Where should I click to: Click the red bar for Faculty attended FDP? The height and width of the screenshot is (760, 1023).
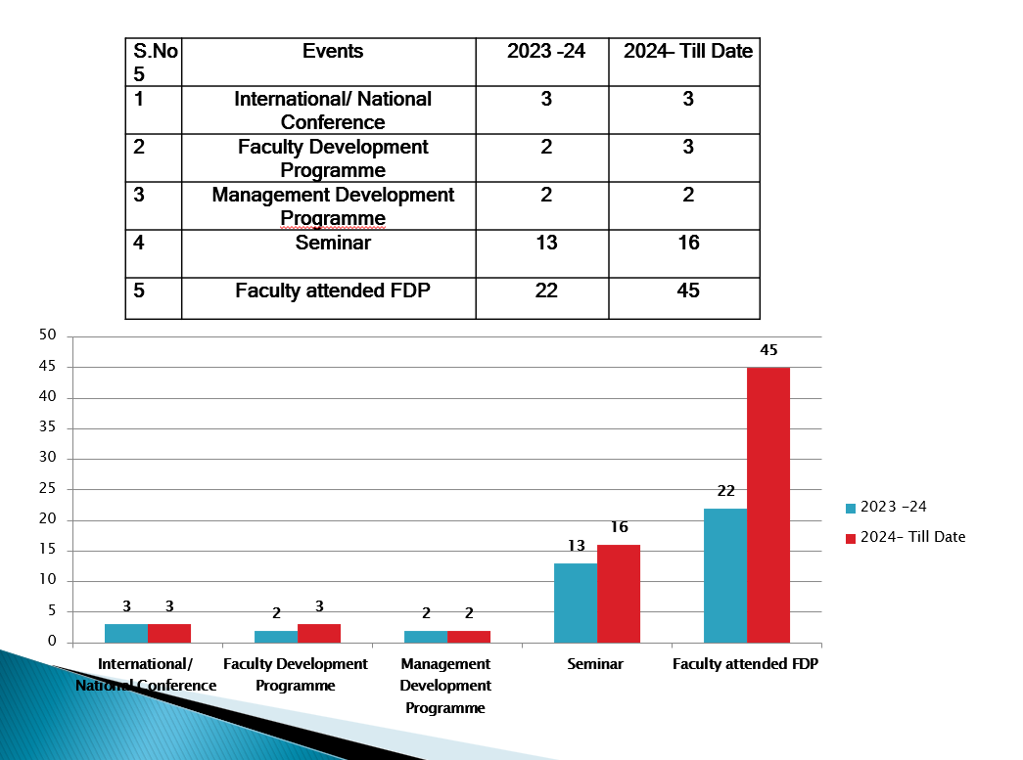click(x=767, y=505)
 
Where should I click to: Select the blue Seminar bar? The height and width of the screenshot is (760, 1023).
click(x=576, y=603)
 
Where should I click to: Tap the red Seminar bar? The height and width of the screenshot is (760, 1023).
click(x=619, y=594)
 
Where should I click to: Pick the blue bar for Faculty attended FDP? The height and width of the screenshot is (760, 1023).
click(x=725, y=575)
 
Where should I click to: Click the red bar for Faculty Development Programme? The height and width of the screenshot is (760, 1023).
click(x=319, y=633)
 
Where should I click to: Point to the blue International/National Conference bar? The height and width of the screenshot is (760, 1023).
click(x=126, y=633)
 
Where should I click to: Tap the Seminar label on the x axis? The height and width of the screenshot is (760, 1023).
click(x=595, y=664)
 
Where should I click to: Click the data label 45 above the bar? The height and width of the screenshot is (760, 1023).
click(x=767, y=350)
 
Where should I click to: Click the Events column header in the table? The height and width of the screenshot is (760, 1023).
click(x=333, y=52)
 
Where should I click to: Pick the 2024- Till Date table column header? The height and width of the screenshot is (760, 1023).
click(x=688, y=52)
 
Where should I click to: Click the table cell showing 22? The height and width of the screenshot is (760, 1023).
click(x=546, y=291)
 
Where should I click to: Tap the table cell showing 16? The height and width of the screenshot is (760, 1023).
click(x=688, y=243)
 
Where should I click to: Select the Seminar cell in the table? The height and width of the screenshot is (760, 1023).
click(x=333, y=243)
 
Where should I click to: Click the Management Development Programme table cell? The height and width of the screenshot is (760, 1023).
click(x=333, y=205)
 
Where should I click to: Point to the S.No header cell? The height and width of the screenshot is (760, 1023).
click(x=155, y=62)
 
